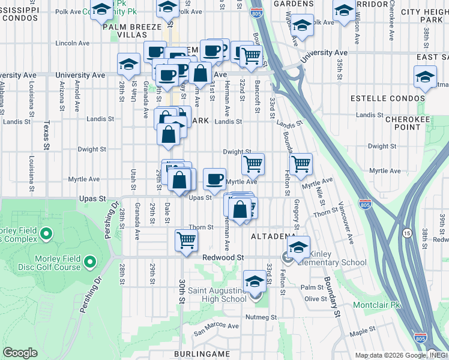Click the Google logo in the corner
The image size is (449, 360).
(20, 353)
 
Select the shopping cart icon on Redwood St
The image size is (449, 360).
(187, 240)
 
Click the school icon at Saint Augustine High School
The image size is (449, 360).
(255, 281)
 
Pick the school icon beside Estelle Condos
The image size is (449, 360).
(425, 77)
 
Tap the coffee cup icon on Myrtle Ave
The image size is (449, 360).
(214, 178)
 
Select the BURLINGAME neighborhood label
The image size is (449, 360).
(202, 354)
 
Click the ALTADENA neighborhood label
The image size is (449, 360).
(273, 236)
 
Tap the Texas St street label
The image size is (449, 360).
(46, 136)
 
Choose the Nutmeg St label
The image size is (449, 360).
(261, 317)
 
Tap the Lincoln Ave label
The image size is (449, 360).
(72, 43)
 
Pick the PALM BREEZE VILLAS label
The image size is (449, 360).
(132, 31)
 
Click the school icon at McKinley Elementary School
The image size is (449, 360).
(298, 245)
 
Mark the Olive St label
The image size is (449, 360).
(315, 299)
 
